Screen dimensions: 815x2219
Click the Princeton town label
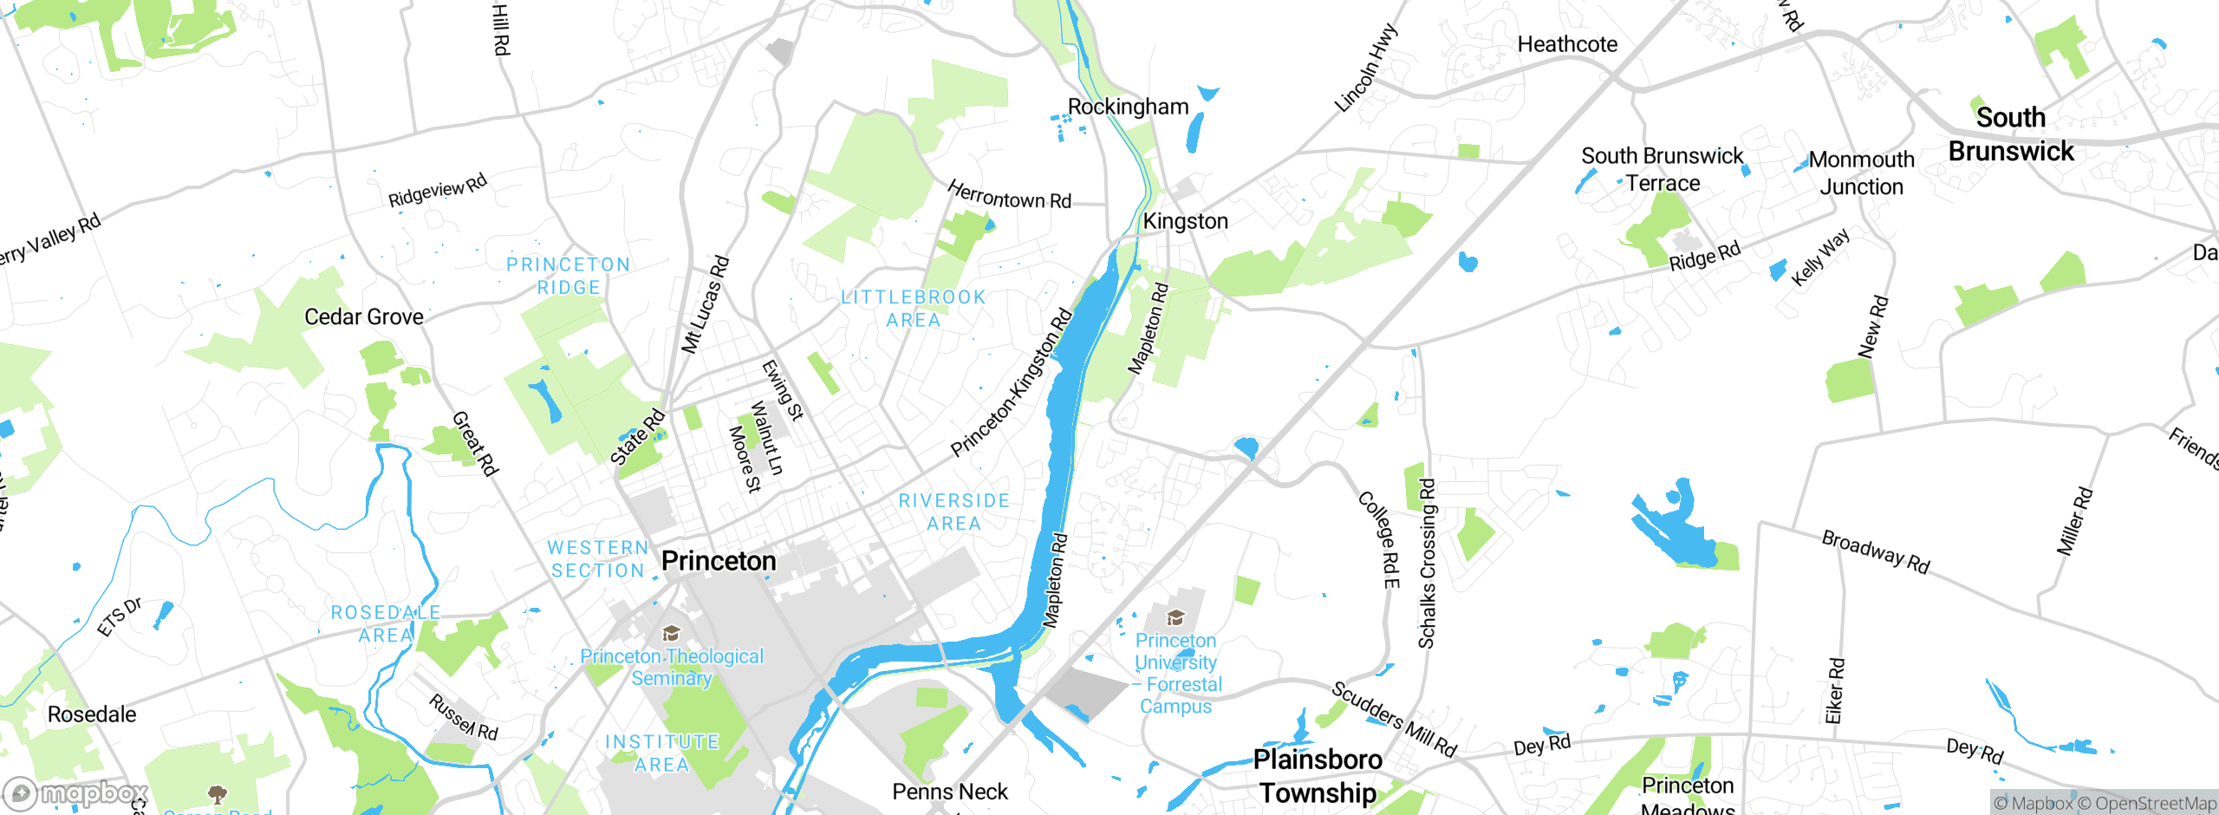(719, 562)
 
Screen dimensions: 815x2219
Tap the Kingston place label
(1185, 222)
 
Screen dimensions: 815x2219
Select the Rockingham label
(1128, 108)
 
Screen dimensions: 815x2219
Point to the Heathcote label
(1567, 45)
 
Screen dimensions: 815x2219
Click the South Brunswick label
(2011, 134)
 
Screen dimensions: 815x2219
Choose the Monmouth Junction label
(1861, 173)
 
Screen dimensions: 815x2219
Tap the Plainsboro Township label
(1318, 776)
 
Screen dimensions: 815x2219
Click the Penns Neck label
(950, 792)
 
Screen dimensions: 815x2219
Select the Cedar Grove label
(363, 317)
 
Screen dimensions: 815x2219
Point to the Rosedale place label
(92, 714)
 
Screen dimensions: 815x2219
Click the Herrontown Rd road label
(1009, 195)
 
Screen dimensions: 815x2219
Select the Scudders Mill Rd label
(1394, 719)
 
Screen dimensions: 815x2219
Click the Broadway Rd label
(1876, 552)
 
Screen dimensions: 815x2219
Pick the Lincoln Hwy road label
(1366, 68)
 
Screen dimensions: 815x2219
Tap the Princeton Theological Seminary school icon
(670, 634)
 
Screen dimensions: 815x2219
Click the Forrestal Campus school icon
(1175, 618)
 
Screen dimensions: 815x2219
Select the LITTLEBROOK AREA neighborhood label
(914, 309)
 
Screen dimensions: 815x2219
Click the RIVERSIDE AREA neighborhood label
(953, 512)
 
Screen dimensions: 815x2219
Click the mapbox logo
(76, 793)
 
